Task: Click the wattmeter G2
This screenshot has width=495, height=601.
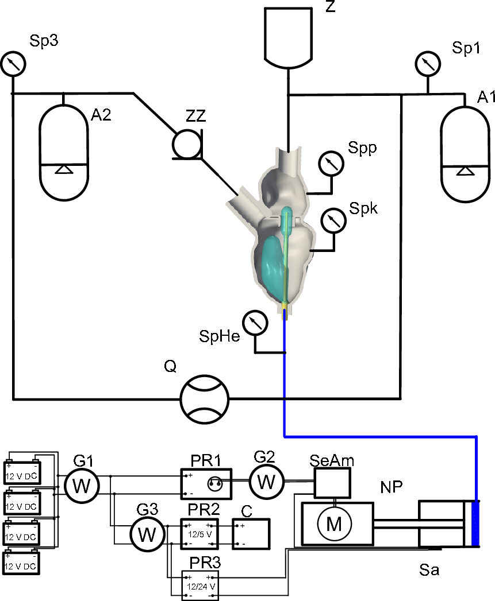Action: [x=266, y=481]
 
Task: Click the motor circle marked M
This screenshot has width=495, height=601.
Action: [x=333, y=524]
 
